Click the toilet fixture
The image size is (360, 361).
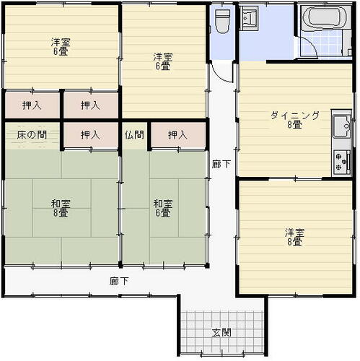(x=222, y=21)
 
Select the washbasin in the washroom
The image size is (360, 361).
(x=249, y=18)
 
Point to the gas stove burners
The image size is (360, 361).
(x=342, y=161)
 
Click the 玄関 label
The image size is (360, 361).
(x=221, y=332)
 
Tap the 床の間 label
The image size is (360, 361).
(x=32, y=135)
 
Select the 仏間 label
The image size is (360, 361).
(x=134, y=135)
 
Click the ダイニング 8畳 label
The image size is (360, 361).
(x=295, y=120)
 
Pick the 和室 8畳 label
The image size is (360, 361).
(x=61, y=208)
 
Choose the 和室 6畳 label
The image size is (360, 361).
(x=163, y=208)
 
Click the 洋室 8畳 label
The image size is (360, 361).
(x=294, y=237)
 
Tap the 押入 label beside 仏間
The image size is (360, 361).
(x=177, y=135)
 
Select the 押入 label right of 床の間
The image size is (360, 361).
(x=90, y=135)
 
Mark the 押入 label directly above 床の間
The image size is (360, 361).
(x=32, y=105)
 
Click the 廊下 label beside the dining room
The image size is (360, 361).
(x=221, y=164)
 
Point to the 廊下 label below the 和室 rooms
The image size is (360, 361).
(x=119, y=281)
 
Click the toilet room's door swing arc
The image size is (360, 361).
(x=218, y=74)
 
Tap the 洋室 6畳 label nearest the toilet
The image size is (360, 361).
(x=163, y=61)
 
